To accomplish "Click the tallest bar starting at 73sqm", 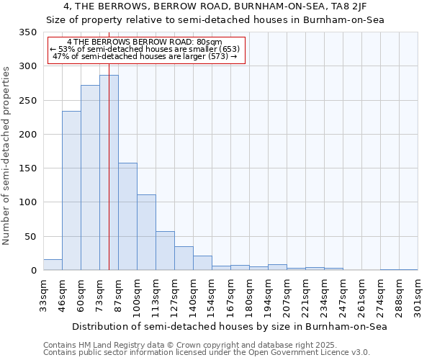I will coord(109,173).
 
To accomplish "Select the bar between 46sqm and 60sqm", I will coord(71,191).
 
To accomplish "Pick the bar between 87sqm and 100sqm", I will coord(127,217).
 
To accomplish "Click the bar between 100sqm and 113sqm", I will coord(146,233).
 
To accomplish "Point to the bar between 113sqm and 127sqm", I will coord(165,251).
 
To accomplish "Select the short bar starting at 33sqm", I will coord(53,265).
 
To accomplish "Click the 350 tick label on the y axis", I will coord(27,32).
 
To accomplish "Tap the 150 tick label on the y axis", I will coord(27,168).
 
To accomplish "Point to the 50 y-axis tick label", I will coord(30,236).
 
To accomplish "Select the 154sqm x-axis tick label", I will coord(212,296).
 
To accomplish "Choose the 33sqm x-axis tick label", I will coord(43,296).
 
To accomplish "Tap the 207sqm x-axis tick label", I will coord(287,296).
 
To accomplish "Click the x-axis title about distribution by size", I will coord(230,326).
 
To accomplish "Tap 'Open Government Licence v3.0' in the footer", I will coord(311,353).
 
